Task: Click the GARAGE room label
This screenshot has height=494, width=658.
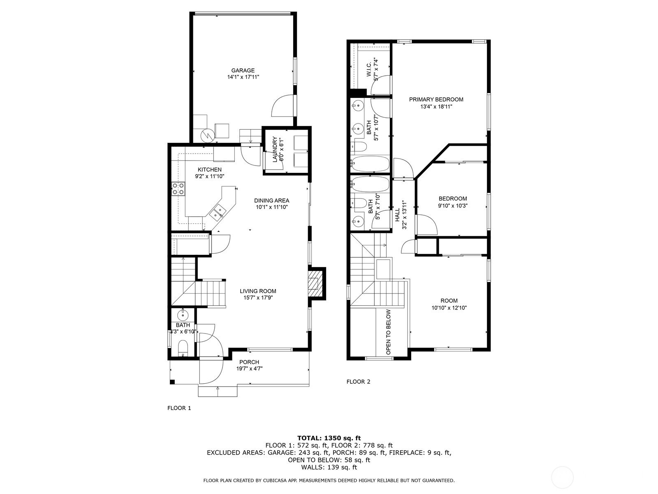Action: tap(243, 70)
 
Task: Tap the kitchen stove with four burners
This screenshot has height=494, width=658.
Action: tap(178, 189)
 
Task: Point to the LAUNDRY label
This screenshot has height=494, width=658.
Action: tap(275, 149)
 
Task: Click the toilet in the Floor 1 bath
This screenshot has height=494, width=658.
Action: tap(183, 348)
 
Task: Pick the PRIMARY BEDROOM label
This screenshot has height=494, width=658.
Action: tap(436, 100)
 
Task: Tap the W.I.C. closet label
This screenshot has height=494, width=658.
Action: tap(369, 69)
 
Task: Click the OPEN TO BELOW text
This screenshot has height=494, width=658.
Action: tap(389, 332)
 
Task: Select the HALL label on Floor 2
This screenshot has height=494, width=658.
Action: tap(397, 215)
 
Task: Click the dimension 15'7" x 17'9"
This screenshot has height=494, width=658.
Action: tap(258, 298)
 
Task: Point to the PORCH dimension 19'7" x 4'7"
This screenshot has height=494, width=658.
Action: tap(249, 368)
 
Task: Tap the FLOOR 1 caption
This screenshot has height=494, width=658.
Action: tap(179, 408)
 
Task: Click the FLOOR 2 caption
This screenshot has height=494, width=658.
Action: tap(358, 382)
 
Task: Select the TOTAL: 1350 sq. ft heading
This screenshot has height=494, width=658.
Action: tap(329, 438)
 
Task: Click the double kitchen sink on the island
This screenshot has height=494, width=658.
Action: tap(218, 211)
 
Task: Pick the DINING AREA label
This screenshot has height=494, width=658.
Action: tap(271, 200)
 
